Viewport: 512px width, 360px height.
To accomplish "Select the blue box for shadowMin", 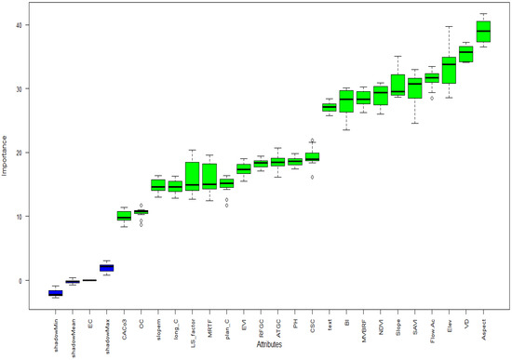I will click(x=55, y=293).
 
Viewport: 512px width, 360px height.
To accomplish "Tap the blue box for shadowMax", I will click(x=107, y=268).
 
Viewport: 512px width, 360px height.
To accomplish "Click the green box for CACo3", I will click(x=124, y=217).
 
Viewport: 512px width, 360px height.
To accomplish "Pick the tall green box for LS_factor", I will click(x=193, y=175).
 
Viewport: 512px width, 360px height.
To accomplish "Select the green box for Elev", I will click(x=449, y=70).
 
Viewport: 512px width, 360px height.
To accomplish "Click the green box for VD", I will click(x=465, y=55).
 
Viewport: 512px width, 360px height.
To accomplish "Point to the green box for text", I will click(x=329, y=107).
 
